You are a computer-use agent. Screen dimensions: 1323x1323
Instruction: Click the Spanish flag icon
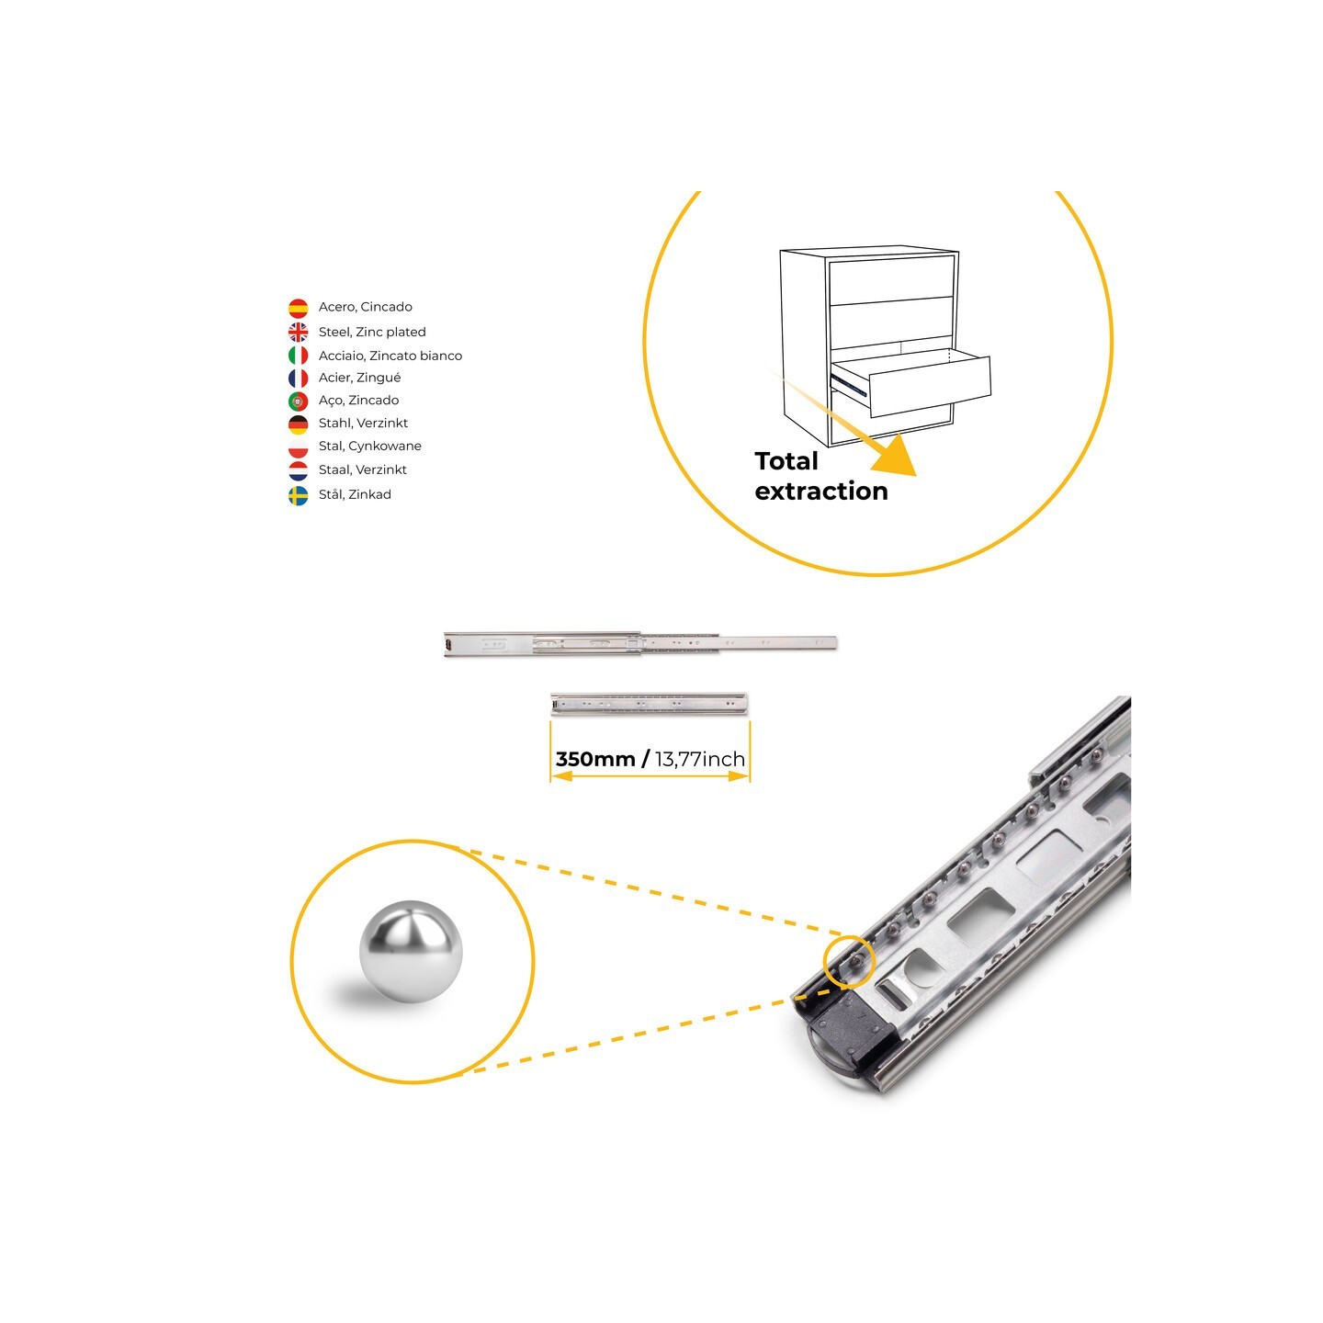(298, 309)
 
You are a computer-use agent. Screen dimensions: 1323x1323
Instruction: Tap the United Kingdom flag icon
(298, 333)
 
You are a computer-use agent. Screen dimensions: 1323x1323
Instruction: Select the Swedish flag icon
(298, 496)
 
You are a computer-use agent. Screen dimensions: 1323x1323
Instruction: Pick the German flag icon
(298, 424)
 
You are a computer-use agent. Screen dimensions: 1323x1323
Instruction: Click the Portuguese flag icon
(298, 401)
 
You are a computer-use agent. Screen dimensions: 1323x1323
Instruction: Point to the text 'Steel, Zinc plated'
(372, 333)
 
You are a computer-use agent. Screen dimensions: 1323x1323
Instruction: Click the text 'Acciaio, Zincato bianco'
(390, 356)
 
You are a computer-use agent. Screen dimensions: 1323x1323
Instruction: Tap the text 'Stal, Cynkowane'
(370, 447)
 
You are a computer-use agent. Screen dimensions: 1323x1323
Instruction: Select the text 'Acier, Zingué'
(360, 378)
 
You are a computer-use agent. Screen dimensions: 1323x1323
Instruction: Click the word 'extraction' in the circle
(821, 491)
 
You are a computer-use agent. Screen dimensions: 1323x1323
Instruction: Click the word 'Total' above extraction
(786, 460)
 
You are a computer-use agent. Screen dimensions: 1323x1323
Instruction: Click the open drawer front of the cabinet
(930, 387)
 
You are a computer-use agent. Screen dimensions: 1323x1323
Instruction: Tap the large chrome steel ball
(411, 952)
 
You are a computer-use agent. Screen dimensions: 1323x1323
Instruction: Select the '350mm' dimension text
(595, 759)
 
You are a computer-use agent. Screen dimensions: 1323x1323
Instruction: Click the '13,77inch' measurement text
(699, 759)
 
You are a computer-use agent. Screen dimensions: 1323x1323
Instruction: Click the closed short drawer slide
(648, 704)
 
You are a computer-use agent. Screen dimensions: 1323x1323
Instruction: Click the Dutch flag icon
(298, 471)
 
